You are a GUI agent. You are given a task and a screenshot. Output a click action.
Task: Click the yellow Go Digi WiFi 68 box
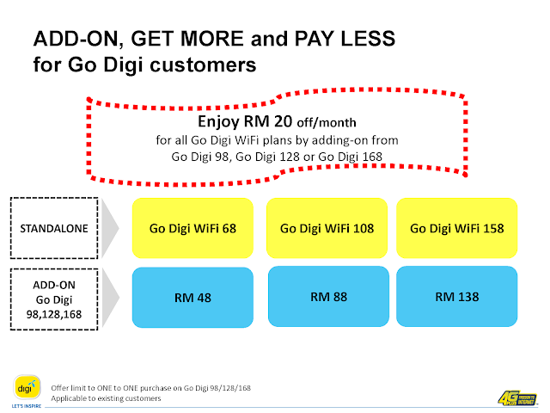192,228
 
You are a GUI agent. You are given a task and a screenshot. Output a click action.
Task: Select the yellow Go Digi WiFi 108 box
327,228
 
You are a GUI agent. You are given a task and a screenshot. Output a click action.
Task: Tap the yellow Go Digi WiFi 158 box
456,228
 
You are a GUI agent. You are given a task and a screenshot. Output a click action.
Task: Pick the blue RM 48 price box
192,298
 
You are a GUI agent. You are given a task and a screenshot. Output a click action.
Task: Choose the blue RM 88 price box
328,296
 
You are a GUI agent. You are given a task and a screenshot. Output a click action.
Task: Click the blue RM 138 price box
456,296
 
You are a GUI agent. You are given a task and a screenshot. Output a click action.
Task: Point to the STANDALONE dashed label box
54,228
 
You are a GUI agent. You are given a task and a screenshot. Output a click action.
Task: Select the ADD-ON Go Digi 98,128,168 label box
54,299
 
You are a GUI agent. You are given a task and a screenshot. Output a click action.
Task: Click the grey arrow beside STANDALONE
110,228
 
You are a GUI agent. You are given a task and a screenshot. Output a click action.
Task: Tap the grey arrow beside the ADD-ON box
110,298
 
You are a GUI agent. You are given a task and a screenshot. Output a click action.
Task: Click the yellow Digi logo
27,388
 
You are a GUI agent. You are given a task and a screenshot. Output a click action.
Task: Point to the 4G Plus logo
517,398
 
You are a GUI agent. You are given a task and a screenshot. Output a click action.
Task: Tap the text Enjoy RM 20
245,121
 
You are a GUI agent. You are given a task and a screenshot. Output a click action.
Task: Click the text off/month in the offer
327,122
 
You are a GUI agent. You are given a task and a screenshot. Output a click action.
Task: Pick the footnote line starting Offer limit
151,388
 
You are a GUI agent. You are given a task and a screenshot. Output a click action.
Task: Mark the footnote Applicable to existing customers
106,398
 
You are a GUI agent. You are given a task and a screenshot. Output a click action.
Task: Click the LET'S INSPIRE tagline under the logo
27,406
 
